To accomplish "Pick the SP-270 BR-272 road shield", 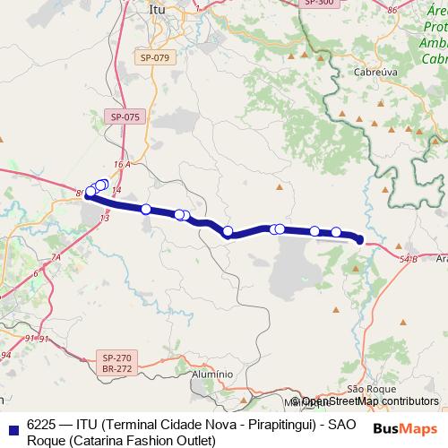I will tap(117, 363).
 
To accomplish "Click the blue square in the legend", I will tap(11, 427).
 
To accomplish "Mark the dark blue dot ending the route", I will tap(359, 239).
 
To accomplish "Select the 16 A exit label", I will tap(123, 166).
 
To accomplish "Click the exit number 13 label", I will tap(105, 218).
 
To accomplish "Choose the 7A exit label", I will tap(55, 258).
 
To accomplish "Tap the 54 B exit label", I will tap(409, 258).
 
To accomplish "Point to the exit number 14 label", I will tap(116, 189).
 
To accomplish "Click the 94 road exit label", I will tap(4, 356).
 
